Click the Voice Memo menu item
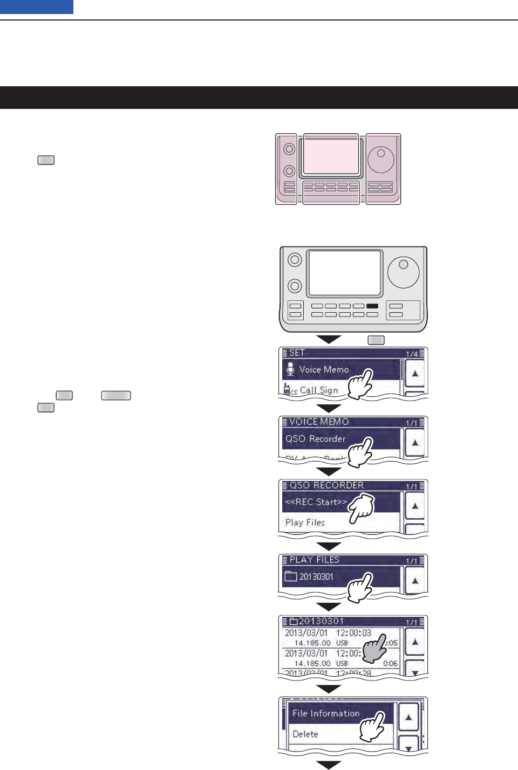(324, 370)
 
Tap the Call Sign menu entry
(318, 390)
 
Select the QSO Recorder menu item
(316, 439)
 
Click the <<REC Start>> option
(316, 502)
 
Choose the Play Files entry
(305, 522)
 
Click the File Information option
(326, 713)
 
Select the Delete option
(305, 734)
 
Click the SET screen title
(297, 353)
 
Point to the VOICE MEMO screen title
(319, 422)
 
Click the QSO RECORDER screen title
(326, 485)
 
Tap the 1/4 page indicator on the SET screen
(412, 354)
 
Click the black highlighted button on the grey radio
(372, 306)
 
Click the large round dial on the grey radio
(404, 272)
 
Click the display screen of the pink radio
(331, 156)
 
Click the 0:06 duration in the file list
(390, 663)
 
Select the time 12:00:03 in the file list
(353, 633)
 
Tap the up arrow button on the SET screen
(414, 373)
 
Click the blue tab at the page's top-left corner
(37, 6)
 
